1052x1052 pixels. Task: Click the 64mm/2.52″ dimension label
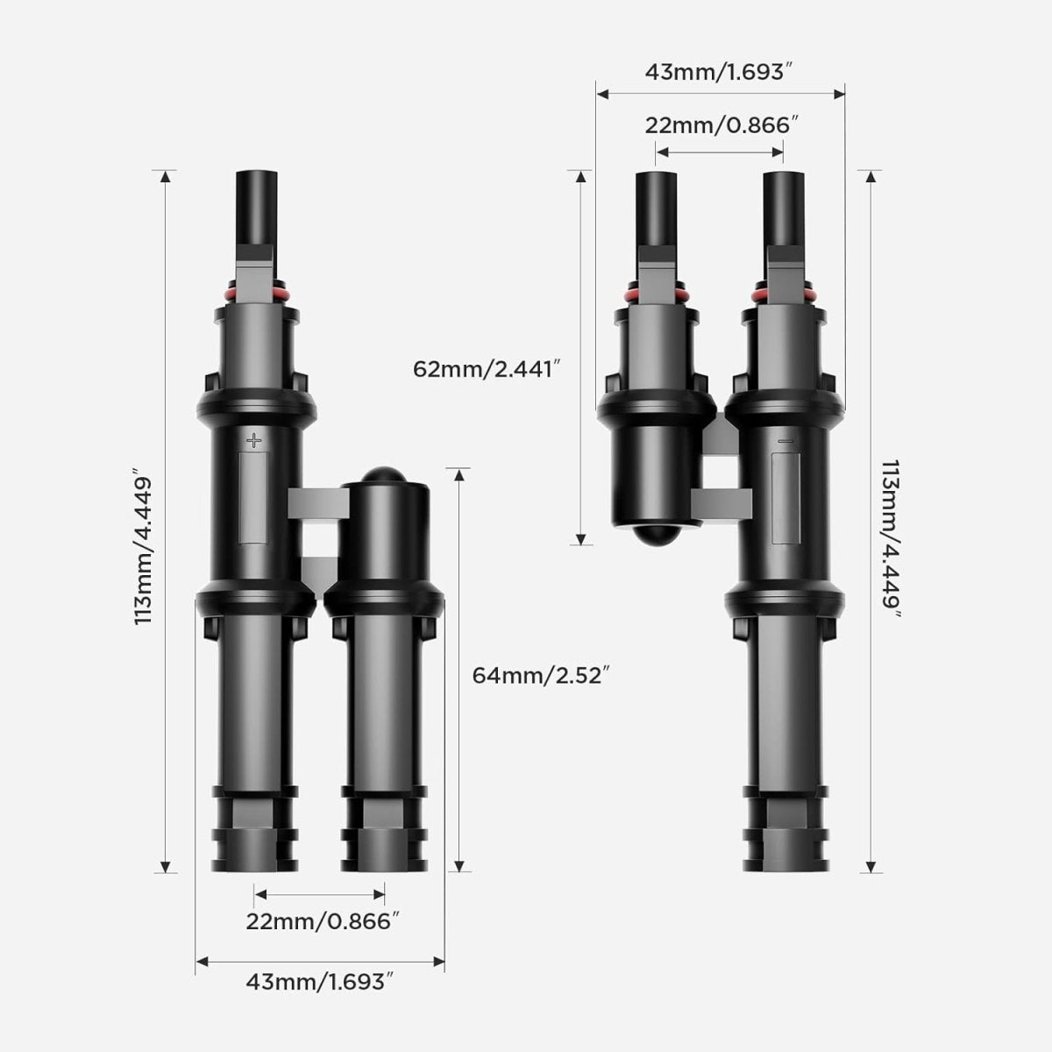(x=540, y=675)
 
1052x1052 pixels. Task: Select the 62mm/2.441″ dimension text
(x=487, y=369)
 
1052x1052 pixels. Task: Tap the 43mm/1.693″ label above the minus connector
(x=720, y=72)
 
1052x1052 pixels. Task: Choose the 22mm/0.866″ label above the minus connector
(x=721, y=124)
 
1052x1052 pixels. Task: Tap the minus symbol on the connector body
(x=785, y=440)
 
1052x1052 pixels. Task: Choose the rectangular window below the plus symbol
(x=254, y=496)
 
